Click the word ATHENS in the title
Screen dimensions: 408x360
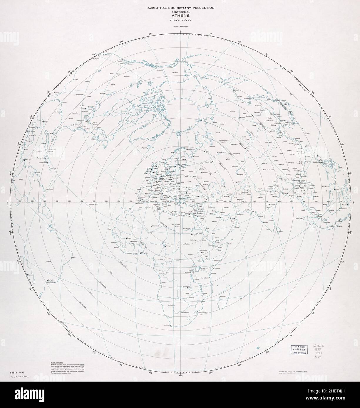[x=181, y=16]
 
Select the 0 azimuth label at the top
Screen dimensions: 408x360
[x=181, y=31]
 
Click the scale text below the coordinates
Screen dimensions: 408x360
[x=181, y=27]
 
